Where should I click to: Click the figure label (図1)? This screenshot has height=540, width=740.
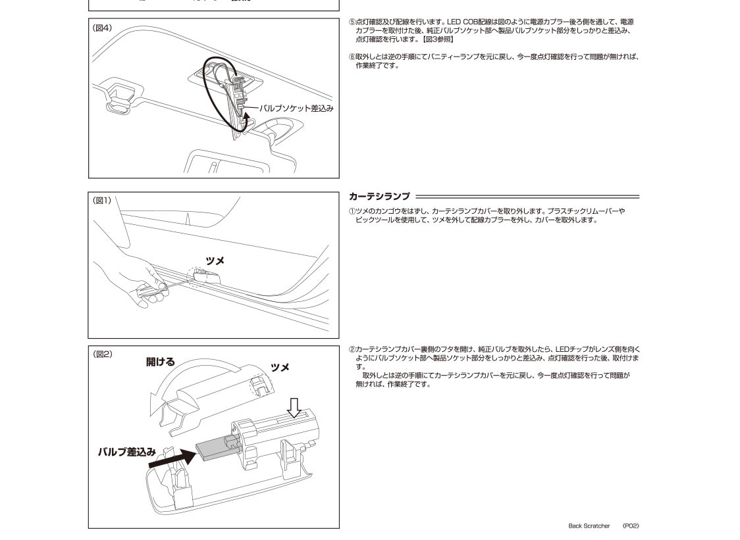click(103, 201)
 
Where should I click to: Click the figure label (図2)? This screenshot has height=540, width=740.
click(103, 354)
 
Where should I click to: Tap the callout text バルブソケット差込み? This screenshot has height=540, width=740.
click(296, 108)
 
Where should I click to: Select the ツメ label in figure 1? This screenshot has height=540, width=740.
click(215, 261)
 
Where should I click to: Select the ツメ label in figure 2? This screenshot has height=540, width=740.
click(280, 367)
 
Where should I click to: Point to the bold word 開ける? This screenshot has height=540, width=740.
click(161, 362)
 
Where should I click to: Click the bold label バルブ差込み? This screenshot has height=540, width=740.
click(126, 453)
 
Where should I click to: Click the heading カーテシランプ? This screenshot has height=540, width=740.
click(379, 197)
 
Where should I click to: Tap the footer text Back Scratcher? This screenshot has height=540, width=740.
click(589, 526)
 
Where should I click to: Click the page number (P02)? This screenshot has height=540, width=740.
click(631, 526)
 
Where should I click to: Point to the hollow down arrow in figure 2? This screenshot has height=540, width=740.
click(294, 407)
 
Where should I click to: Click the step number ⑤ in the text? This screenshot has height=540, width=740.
click(352, 22)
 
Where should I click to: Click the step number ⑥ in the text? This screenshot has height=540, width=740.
click(352, 57)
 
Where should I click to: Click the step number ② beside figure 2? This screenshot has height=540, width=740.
click(352, 350)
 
